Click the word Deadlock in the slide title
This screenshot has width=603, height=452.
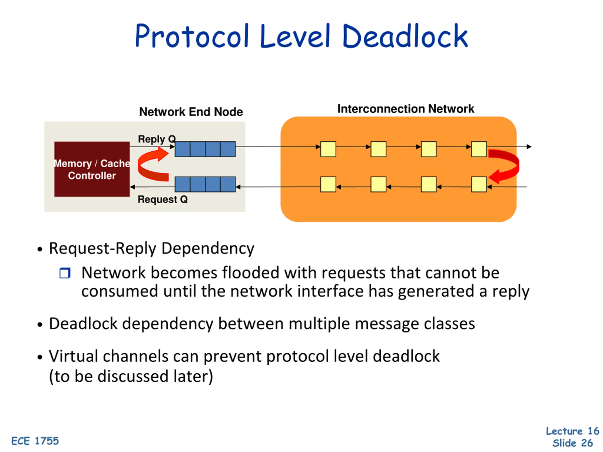pos(405,36)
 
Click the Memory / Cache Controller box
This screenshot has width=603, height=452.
pos(92,169)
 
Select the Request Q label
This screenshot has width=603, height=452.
pos(163,199)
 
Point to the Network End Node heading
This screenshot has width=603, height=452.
pos(191,112)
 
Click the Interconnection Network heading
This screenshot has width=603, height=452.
pos(406,109)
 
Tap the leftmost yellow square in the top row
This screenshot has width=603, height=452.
pos(328,149)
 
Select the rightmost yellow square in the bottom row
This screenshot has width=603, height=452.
pos(479,185)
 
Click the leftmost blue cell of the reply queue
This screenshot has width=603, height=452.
pos(182,149)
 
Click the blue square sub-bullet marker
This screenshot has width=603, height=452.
pos(65,273)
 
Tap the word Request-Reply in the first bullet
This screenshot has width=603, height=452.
pos(103,248)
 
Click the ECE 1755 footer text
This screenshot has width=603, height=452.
pos(35,441)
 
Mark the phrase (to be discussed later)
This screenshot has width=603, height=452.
pos(131,376)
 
